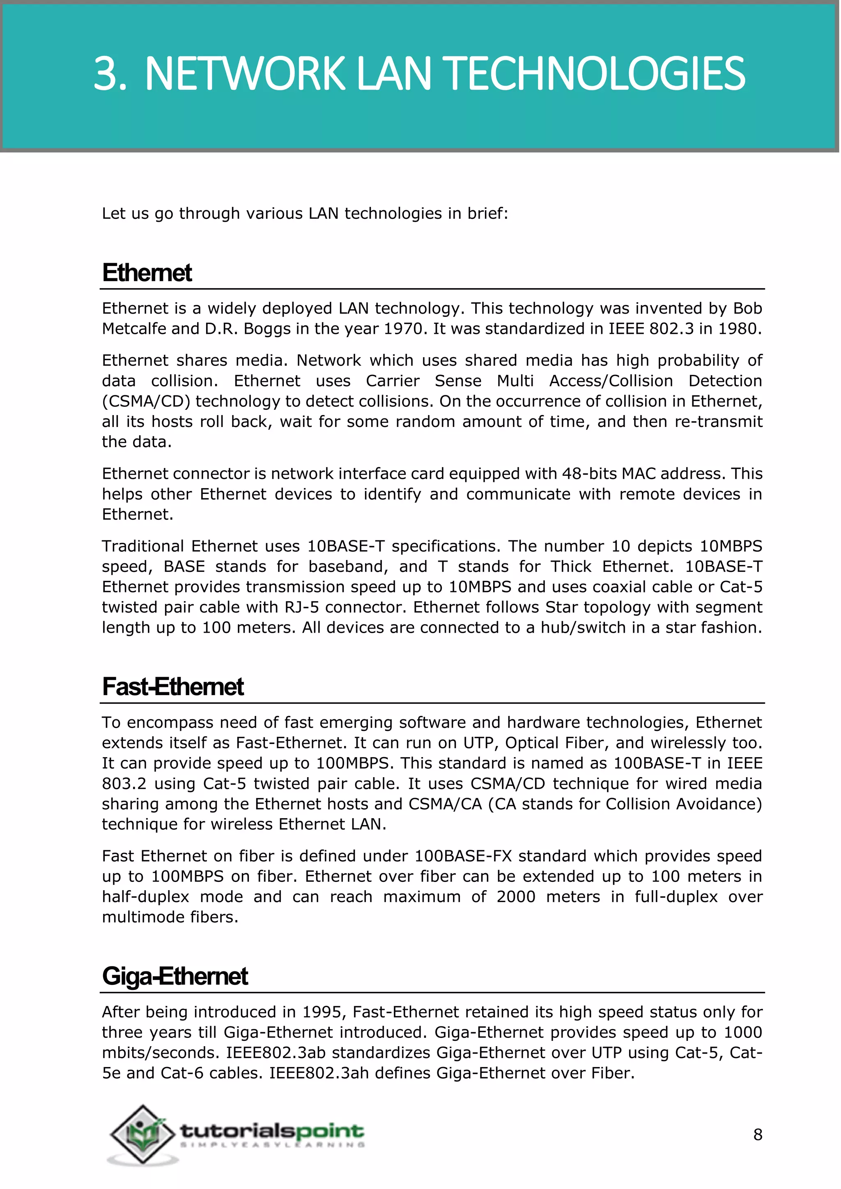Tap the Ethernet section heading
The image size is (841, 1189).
147,273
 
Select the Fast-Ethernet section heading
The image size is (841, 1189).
173,687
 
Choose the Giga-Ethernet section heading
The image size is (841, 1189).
175,976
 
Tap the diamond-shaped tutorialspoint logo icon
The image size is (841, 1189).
142,1134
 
